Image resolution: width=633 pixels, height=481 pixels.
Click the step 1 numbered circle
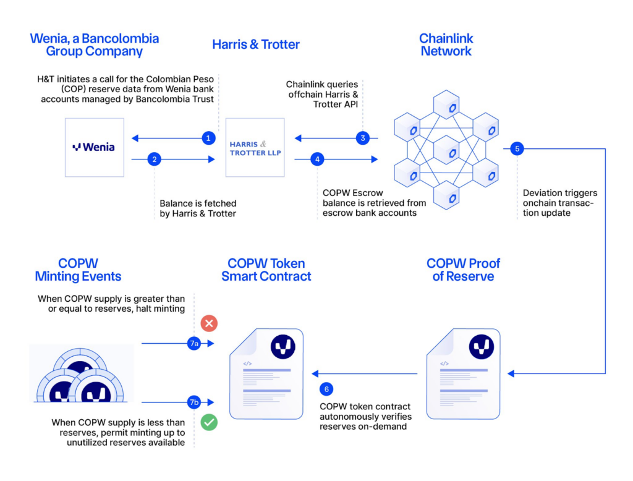(x=208, y=138)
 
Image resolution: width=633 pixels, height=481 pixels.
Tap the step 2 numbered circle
(x=155, y=160)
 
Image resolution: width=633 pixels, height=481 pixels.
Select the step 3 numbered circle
(x=363, y=138)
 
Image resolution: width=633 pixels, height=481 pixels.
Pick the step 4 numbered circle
(x=317, y=160)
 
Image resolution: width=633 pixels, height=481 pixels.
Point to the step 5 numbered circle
(x=517, y=148)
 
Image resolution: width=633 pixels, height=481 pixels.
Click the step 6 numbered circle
(x=326, y=389)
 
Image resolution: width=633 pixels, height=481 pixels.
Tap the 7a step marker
(x=194, y=343)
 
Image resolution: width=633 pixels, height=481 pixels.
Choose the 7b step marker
(x=194, y=402)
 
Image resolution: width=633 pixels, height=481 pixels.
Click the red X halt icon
(x=209, y=323)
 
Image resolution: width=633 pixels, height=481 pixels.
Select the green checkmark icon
(x=209, y=423)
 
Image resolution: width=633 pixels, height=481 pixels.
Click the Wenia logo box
(x=95, y=147)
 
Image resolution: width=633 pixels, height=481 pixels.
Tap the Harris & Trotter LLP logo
(x=255, y=148)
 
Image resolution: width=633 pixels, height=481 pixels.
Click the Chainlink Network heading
(x=446, y=45)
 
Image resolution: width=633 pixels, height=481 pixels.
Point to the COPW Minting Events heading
(x=78, y=270)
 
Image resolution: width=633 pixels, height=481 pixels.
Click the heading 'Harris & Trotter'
(x=256, y=45)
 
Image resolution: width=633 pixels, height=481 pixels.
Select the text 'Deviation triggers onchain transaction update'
(x=559, y=203)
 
